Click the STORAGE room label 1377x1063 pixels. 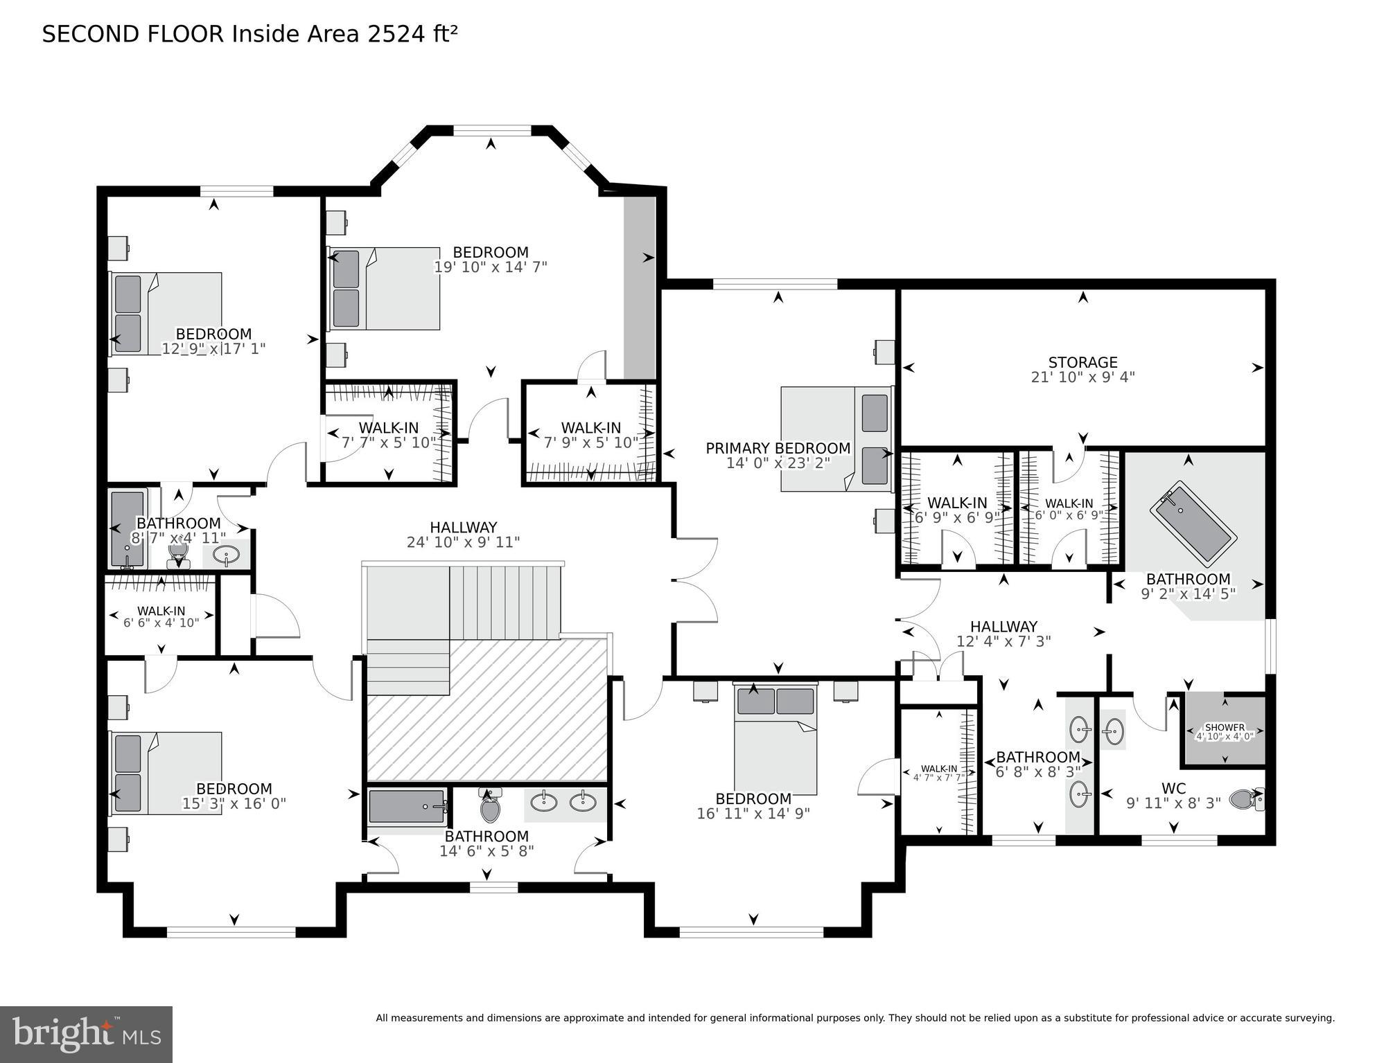1082,362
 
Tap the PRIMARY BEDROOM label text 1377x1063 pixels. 778,448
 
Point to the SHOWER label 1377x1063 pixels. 1225,727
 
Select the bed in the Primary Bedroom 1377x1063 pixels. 836,439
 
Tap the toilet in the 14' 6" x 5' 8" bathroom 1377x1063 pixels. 490,806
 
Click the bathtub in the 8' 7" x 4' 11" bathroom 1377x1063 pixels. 128,528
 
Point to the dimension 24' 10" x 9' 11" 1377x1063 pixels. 463,542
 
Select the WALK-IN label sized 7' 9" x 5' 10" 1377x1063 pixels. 590,428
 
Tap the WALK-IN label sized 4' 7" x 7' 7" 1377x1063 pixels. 938,769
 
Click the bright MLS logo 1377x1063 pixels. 86,1034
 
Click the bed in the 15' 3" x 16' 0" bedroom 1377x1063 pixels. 166,773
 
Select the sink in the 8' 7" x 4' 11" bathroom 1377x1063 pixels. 226,554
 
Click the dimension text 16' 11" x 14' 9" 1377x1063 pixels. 753,814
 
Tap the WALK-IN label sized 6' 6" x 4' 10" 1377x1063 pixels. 161,611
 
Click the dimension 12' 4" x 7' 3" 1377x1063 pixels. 1003,641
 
